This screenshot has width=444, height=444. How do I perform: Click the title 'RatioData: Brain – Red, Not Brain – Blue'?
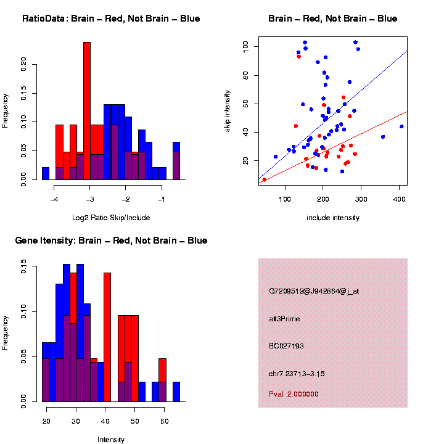pos(111,18)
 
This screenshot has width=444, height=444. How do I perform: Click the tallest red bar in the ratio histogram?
pos(87,111)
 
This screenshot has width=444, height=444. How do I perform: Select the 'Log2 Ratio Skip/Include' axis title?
pos(111,217)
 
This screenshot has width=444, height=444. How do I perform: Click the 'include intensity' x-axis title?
pos(333,218)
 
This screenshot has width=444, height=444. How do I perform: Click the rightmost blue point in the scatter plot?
pos(401,126)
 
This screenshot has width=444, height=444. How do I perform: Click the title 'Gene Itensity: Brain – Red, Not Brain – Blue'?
pos(111,240)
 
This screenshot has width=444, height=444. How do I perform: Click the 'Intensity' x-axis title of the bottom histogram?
pos(111,440)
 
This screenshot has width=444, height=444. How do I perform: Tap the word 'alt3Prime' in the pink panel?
pos(284,318)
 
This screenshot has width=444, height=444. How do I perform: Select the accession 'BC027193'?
pos(286,346)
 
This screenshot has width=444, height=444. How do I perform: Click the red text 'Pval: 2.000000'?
pos(294,393)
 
